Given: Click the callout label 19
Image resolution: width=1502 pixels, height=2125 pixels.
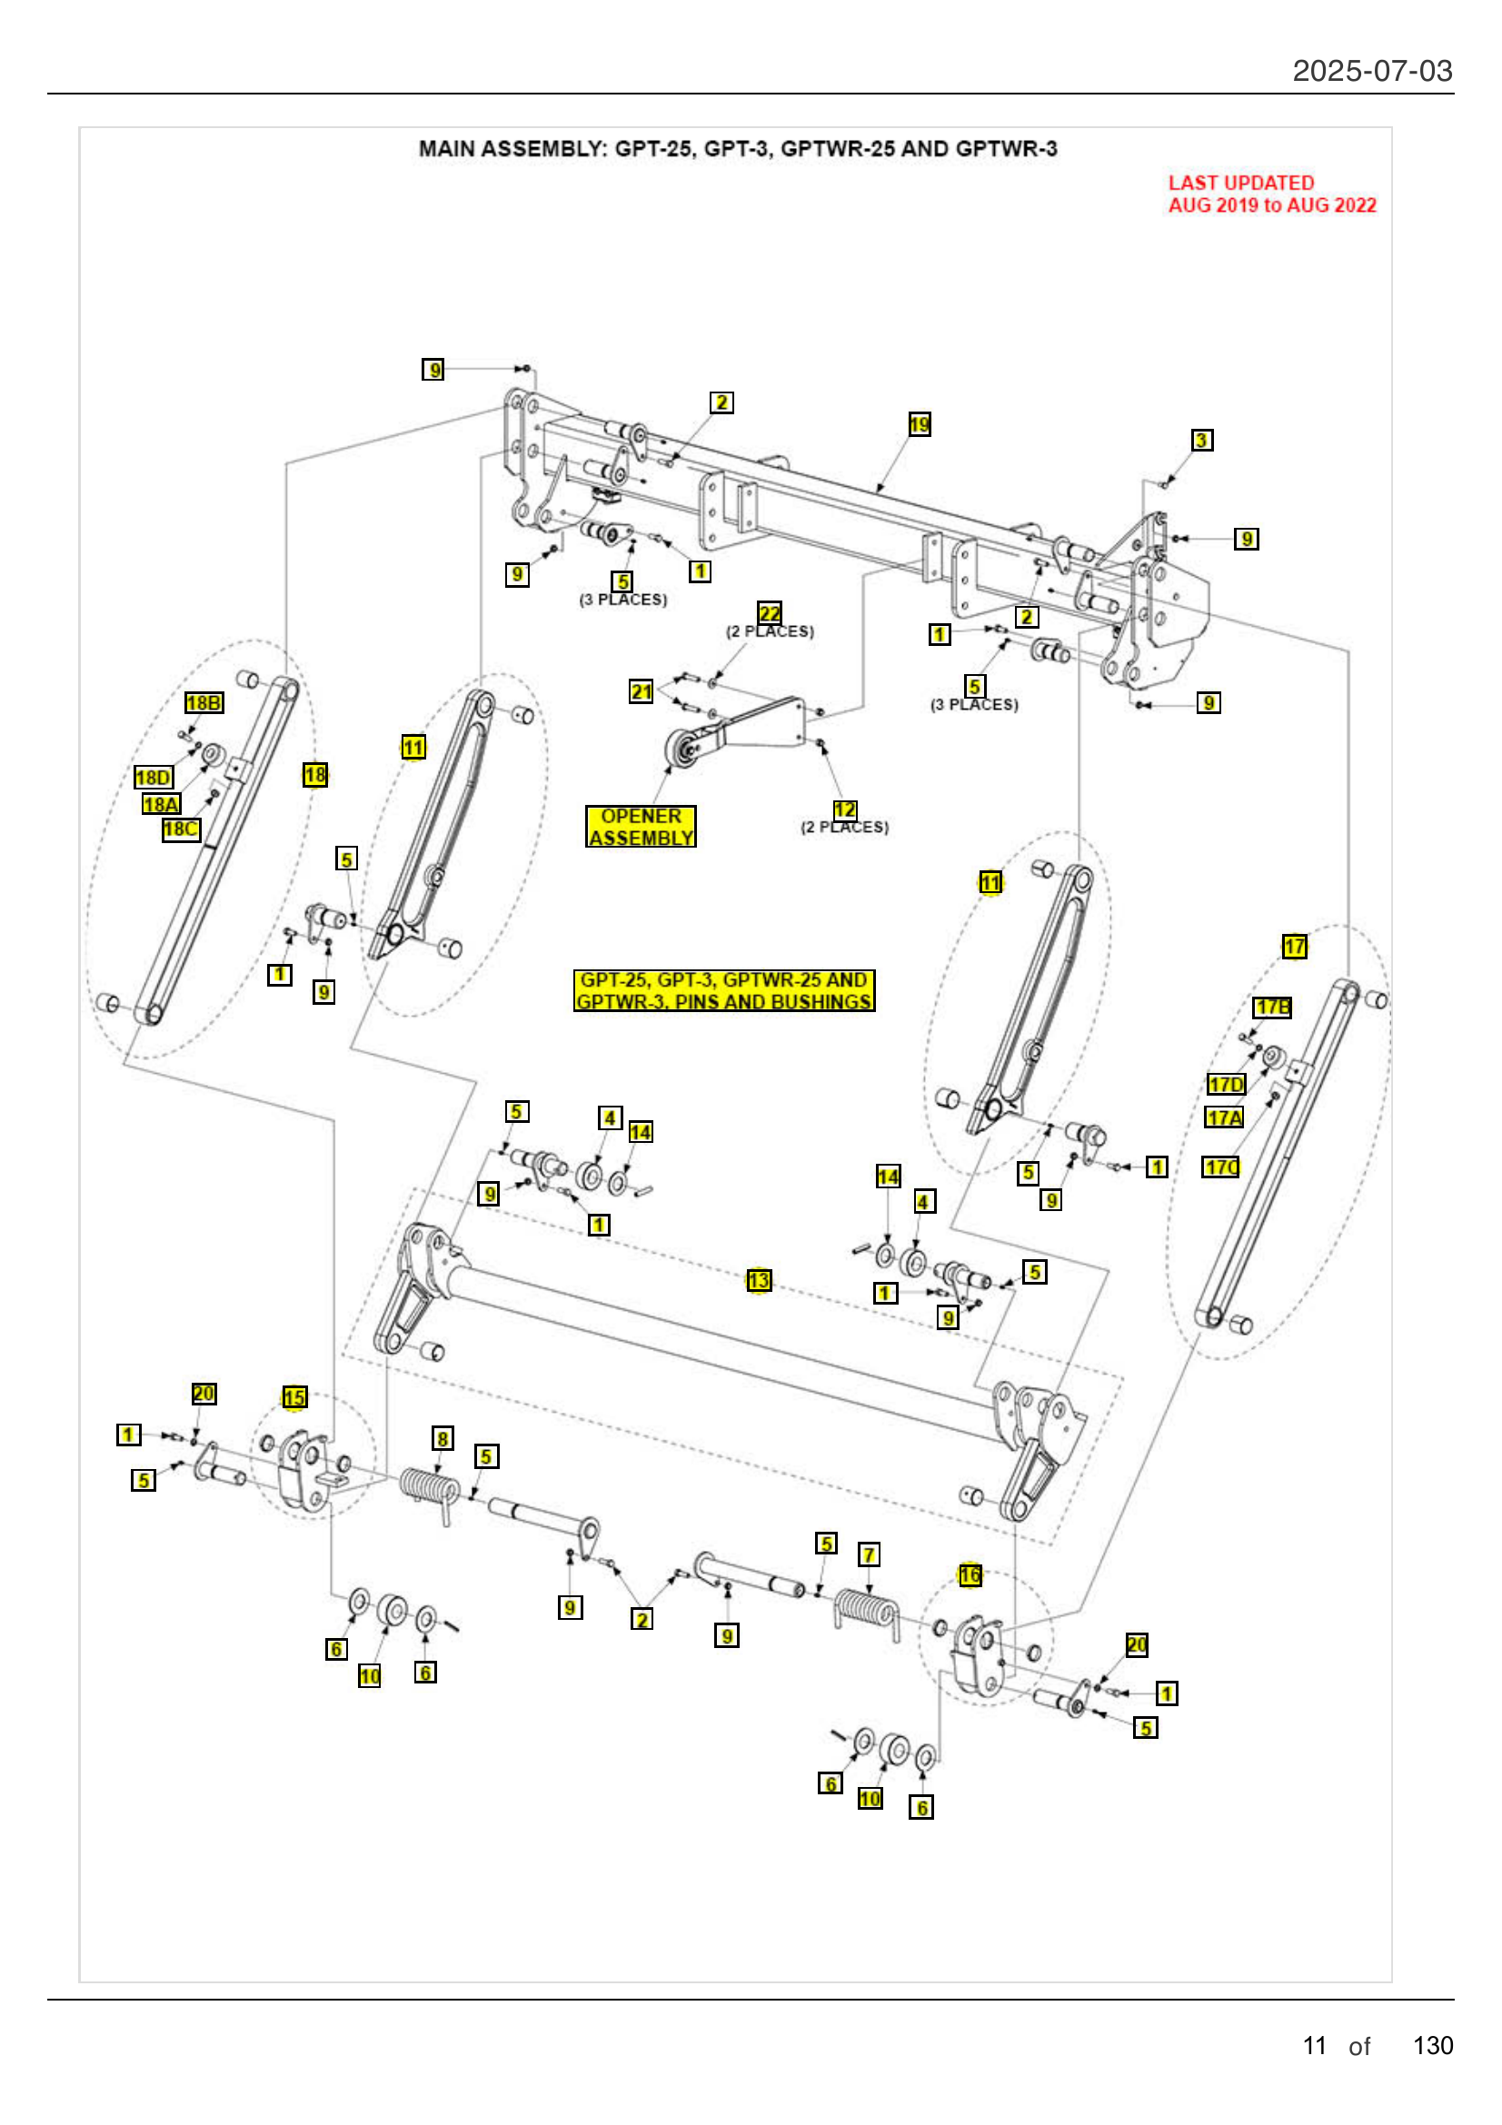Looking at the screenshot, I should [x=918, y=424].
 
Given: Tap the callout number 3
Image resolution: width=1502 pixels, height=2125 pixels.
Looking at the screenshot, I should [x=1201, y=440].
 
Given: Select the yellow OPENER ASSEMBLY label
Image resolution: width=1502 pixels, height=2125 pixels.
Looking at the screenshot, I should [x=641, y=827].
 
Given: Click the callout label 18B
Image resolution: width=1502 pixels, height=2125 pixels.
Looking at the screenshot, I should [x=204, y=702].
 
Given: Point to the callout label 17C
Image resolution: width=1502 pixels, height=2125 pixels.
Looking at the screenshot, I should [x=1220, y=1167].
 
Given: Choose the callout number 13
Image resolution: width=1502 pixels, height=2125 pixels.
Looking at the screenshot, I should [x=759, y=1280].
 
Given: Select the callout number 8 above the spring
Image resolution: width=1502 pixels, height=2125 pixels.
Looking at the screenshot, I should [x=443, y=1438].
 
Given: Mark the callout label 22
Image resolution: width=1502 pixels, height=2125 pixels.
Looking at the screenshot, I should [x=769, y=612].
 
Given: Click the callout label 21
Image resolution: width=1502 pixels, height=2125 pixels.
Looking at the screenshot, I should [x=641, y=691].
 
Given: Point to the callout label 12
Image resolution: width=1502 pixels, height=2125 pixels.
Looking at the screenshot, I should [x=844, y=809].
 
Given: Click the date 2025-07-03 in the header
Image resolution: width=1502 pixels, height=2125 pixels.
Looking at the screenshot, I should [x=1371, y=70].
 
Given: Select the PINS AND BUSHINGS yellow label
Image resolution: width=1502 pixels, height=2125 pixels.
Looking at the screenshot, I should [x=723, y=990].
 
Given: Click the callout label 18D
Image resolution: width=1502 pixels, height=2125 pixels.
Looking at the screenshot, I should [x=153, y=777].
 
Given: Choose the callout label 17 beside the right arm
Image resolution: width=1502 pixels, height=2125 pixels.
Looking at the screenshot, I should [x=1294, y=946].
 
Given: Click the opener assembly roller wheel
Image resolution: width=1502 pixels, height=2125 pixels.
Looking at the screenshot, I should [x=684, y=746].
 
